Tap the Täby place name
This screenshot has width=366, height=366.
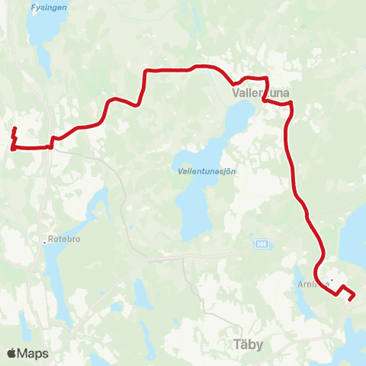[x=246, y=345]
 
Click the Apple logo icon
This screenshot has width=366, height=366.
[x=12, y=353]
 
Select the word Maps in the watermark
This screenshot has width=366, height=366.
[x=34, y=353]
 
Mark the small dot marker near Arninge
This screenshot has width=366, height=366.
[x=332, y=279]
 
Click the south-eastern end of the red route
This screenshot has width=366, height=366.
[x=350, y=299]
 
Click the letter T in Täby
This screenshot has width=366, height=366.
[x=232, y=345]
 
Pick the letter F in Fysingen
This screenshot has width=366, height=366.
[x=33, y=8]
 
